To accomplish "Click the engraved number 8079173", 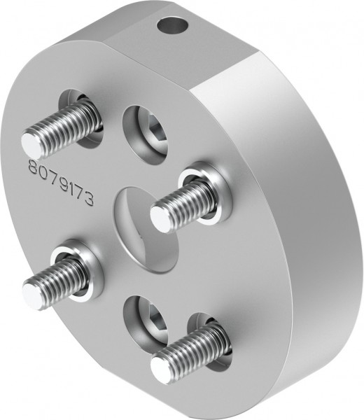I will [69, 183].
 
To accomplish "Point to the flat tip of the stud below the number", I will [33, 290].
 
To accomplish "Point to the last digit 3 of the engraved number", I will [106, 199].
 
